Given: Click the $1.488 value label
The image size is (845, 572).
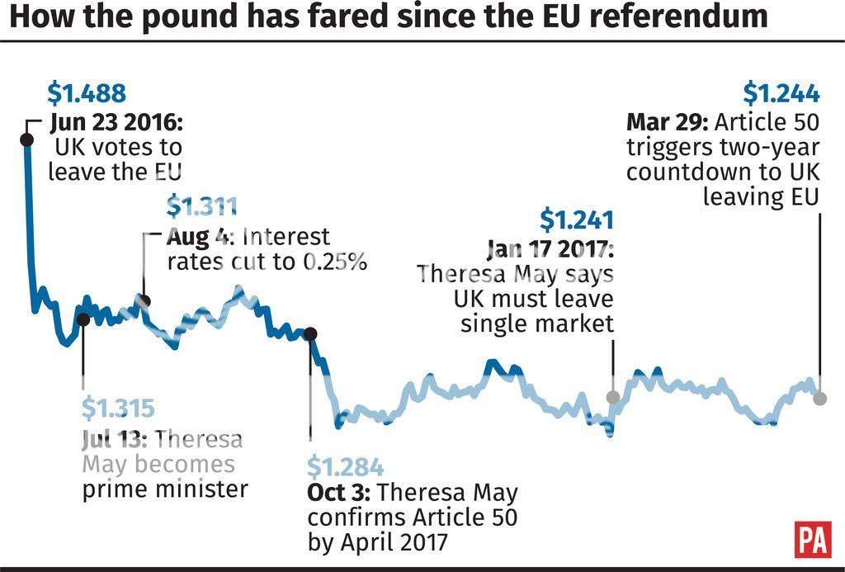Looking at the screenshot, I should point(87,92).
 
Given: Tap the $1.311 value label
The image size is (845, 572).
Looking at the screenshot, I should point(202,206).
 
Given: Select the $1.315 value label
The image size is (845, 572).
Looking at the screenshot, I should point(119,409).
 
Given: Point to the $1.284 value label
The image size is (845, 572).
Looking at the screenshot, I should point(346,467).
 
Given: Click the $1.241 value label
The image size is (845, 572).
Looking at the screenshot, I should point(577,220).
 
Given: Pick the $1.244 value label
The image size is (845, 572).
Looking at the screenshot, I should point(781,92).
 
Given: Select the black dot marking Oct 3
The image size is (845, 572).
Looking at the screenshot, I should point(310,334).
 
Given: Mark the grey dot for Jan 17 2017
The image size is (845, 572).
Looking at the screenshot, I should point(613,397).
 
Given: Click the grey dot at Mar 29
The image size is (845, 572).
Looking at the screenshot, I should point(819,399).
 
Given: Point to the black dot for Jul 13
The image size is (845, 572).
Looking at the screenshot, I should point(83,318).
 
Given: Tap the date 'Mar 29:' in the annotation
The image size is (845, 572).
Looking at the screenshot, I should point(668,123).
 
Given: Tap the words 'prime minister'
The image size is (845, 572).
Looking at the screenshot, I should point(165,489).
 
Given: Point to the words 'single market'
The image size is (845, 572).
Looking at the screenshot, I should point(537,323).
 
